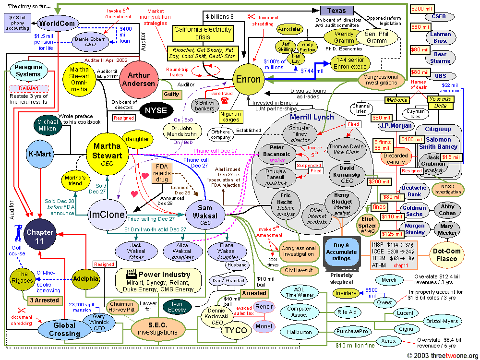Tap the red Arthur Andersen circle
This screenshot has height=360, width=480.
point(139,79)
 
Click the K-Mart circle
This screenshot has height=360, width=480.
point(40,155)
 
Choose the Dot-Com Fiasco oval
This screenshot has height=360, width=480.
point(446,254)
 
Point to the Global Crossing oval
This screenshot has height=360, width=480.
point(64,329)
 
